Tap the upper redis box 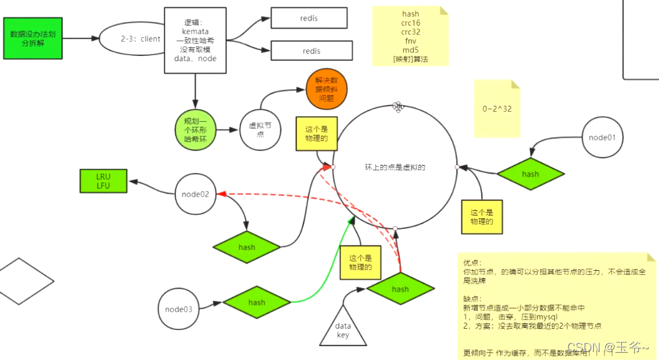pos(309,19)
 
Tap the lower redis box pos(311,51)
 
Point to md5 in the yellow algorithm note pos(411,50)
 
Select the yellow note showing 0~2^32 pos(497,108)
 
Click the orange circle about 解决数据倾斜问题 pos(326,89)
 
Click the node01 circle pos(602,138)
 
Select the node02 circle pos(196,194)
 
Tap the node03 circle pos(178,309)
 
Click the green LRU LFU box pos(103,181)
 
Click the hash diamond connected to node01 pos(530,174)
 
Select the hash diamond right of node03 pos(256,302)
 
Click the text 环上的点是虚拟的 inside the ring pos(395,168)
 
